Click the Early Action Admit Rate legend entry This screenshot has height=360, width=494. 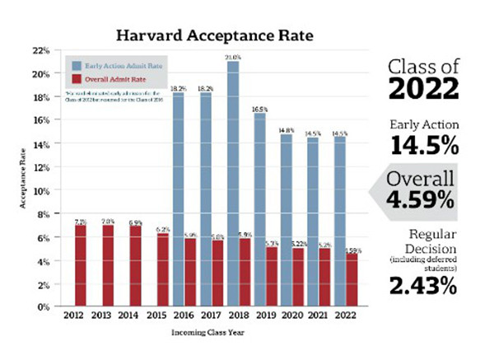coord(117,64)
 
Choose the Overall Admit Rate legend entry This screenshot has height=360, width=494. coord(112,80)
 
